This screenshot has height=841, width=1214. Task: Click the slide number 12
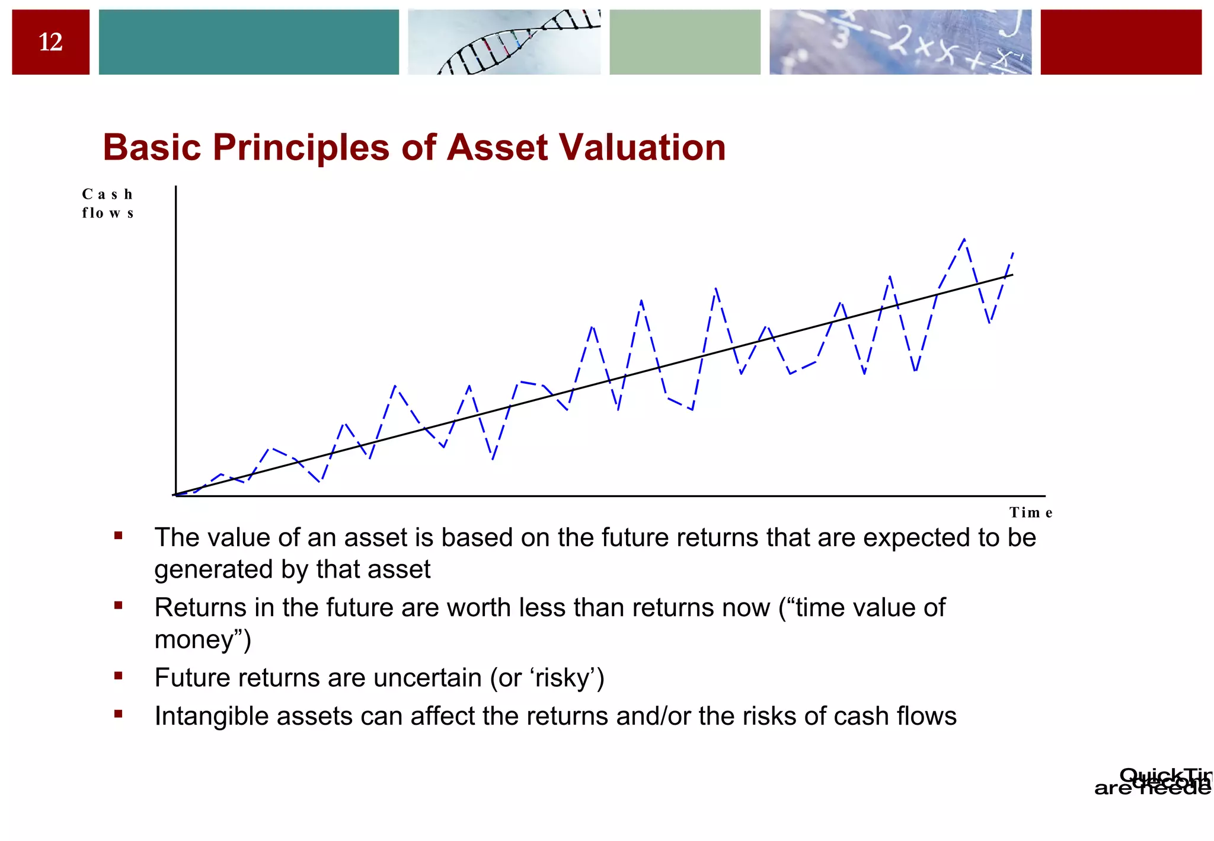(x=50, y=42)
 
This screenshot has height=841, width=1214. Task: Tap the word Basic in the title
(x=152, y=147)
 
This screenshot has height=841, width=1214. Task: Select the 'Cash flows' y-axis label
(x=107, y=203)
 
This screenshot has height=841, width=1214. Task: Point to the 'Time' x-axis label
(x=1030, y=512)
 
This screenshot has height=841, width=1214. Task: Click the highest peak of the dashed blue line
(x=964, y=239)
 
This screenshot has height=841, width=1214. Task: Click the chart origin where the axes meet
(x=176, y=495)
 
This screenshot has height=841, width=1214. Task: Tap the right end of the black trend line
(x=1012, y=275)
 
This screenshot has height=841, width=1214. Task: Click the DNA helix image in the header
(x=504, y=42)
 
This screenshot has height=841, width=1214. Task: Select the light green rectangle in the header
(x=685, y=42)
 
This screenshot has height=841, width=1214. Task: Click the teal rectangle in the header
(x=248, y=42)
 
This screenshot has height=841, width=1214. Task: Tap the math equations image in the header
(x=900, y=42)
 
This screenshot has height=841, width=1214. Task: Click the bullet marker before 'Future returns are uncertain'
(x=119, y=676)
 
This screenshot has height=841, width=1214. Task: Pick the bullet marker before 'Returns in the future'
(x=119, y=606)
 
